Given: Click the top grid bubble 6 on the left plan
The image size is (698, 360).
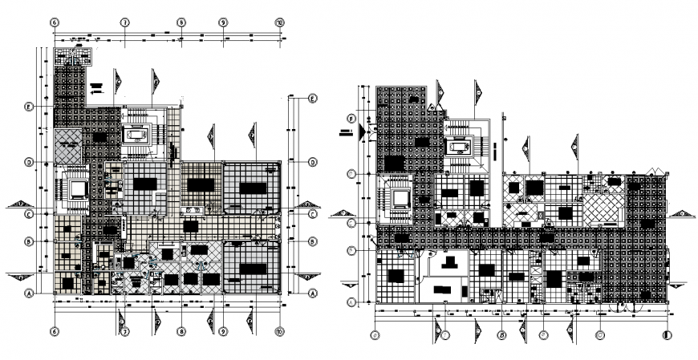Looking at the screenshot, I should point(55,22).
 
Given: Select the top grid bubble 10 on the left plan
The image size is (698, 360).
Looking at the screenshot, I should point(278,22).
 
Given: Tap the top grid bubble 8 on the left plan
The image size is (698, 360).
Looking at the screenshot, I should point(182,22).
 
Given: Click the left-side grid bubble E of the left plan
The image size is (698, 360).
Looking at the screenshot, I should point(28,107).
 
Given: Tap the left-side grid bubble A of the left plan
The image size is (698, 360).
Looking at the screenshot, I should point(28,293).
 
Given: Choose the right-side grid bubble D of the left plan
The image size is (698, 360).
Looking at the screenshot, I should point(312,162).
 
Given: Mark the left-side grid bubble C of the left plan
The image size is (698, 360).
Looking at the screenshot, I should point(28,214).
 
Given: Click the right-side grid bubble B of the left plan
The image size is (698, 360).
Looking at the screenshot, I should point(312,241).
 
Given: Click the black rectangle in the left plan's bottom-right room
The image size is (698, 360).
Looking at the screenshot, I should point(252,269).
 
